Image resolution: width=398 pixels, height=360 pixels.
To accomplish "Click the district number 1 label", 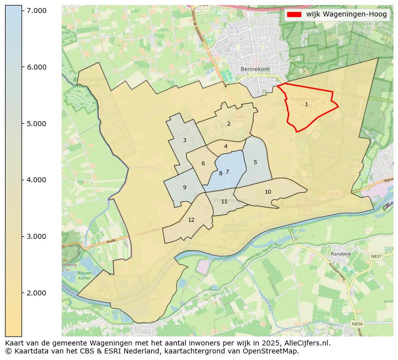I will pyautogui.click(x=306, y=105).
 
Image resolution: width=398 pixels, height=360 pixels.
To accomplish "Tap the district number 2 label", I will pyautogui.click(x=229, y=124).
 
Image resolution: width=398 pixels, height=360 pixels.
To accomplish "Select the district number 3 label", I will pyautogui.click(x=184, y=141).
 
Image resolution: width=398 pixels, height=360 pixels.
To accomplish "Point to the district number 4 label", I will pyautogui.click(x=226, y=147).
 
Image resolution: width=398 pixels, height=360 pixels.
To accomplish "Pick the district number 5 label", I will pyautogui.click(x=255, y=162).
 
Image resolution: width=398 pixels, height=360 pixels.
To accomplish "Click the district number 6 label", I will pyautogui.click(x=203, y=164).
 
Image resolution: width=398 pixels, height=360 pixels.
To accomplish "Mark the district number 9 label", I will pyautogui.click(x=184, y=188).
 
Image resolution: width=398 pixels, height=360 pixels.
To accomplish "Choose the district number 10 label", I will pyautogui.click(x=268, y=192).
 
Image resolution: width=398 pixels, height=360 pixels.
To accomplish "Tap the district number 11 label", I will pyautogui.click(x=224, y=202).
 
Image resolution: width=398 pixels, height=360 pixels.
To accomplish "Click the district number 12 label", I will pyautogui.click(x=191, y=220).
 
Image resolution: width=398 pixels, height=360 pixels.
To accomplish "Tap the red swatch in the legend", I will pyautogui.click(x=294, y=15).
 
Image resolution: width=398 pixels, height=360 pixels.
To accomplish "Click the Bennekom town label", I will pyautogui.click(x=255, y=69).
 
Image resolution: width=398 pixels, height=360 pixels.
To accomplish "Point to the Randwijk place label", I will pyautogui.click(x=341, y=254).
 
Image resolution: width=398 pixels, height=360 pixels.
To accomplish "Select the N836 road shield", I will pyautogui.click(x=357, y=324).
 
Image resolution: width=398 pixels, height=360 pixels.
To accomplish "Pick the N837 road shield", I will pyautogui.click(x=376, y=256).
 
